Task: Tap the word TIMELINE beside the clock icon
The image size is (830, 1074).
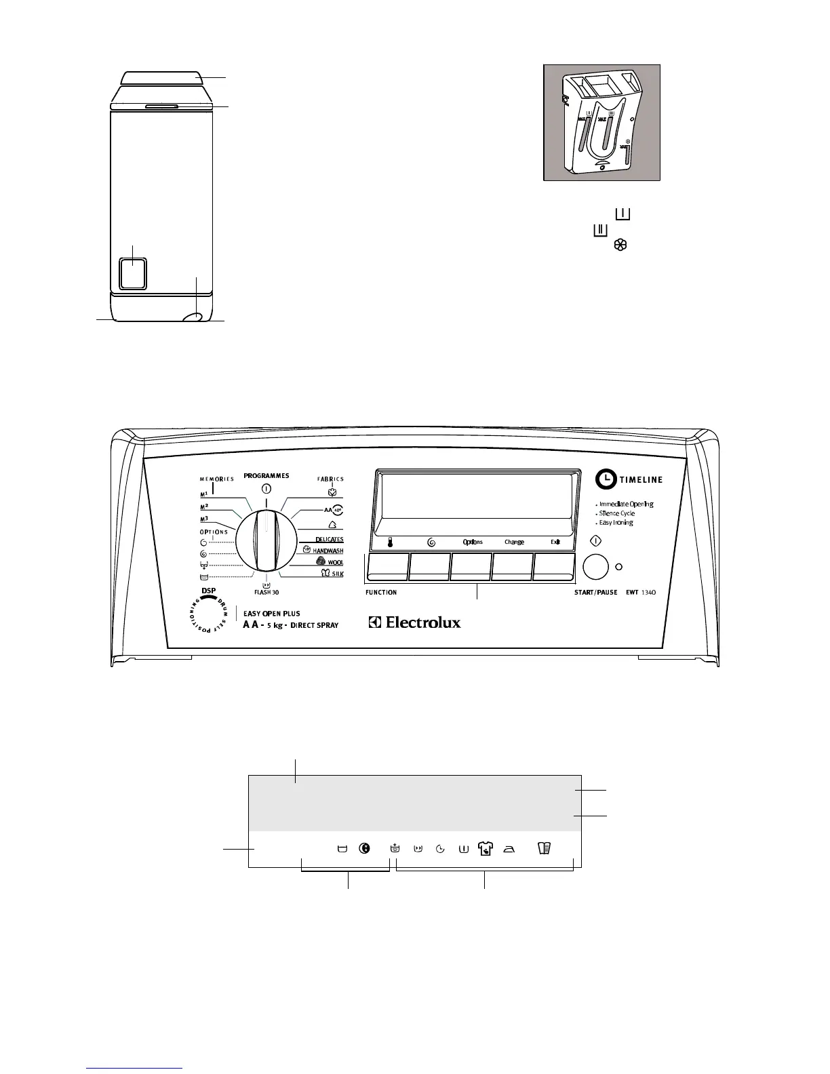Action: point(640,480)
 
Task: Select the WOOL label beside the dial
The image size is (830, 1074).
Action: point(336,562)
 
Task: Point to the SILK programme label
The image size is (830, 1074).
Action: point(338,574)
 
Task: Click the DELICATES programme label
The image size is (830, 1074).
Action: point(330,540)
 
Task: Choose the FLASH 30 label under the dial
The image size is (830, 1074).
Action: point(266,592)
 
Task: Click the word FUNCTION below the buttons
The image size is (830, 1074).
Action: point(381,593)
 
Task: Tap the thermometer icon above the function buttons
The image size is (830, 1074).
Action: point(391,542)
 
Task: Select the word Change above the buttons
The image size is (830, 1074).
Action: point(514,542)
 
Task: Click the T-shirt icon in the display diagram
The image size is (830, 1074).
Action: point(485,848)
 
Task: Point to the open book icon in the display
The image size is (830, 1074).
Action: point(544,848)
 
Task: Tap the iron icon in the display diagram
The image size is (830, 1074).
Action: point(509,849)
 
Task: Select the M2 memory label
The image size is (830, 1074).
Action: point(204,507)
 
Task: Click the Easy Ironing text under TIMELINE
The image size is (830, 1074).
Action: point(616,523)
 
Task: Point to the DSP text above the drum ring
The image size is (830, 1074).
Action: point(209,591)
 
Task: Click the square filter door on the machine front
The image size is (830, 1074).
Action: point(132,273)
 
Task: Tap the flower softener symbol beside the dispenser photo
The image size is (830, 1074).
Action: point(620,246)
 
